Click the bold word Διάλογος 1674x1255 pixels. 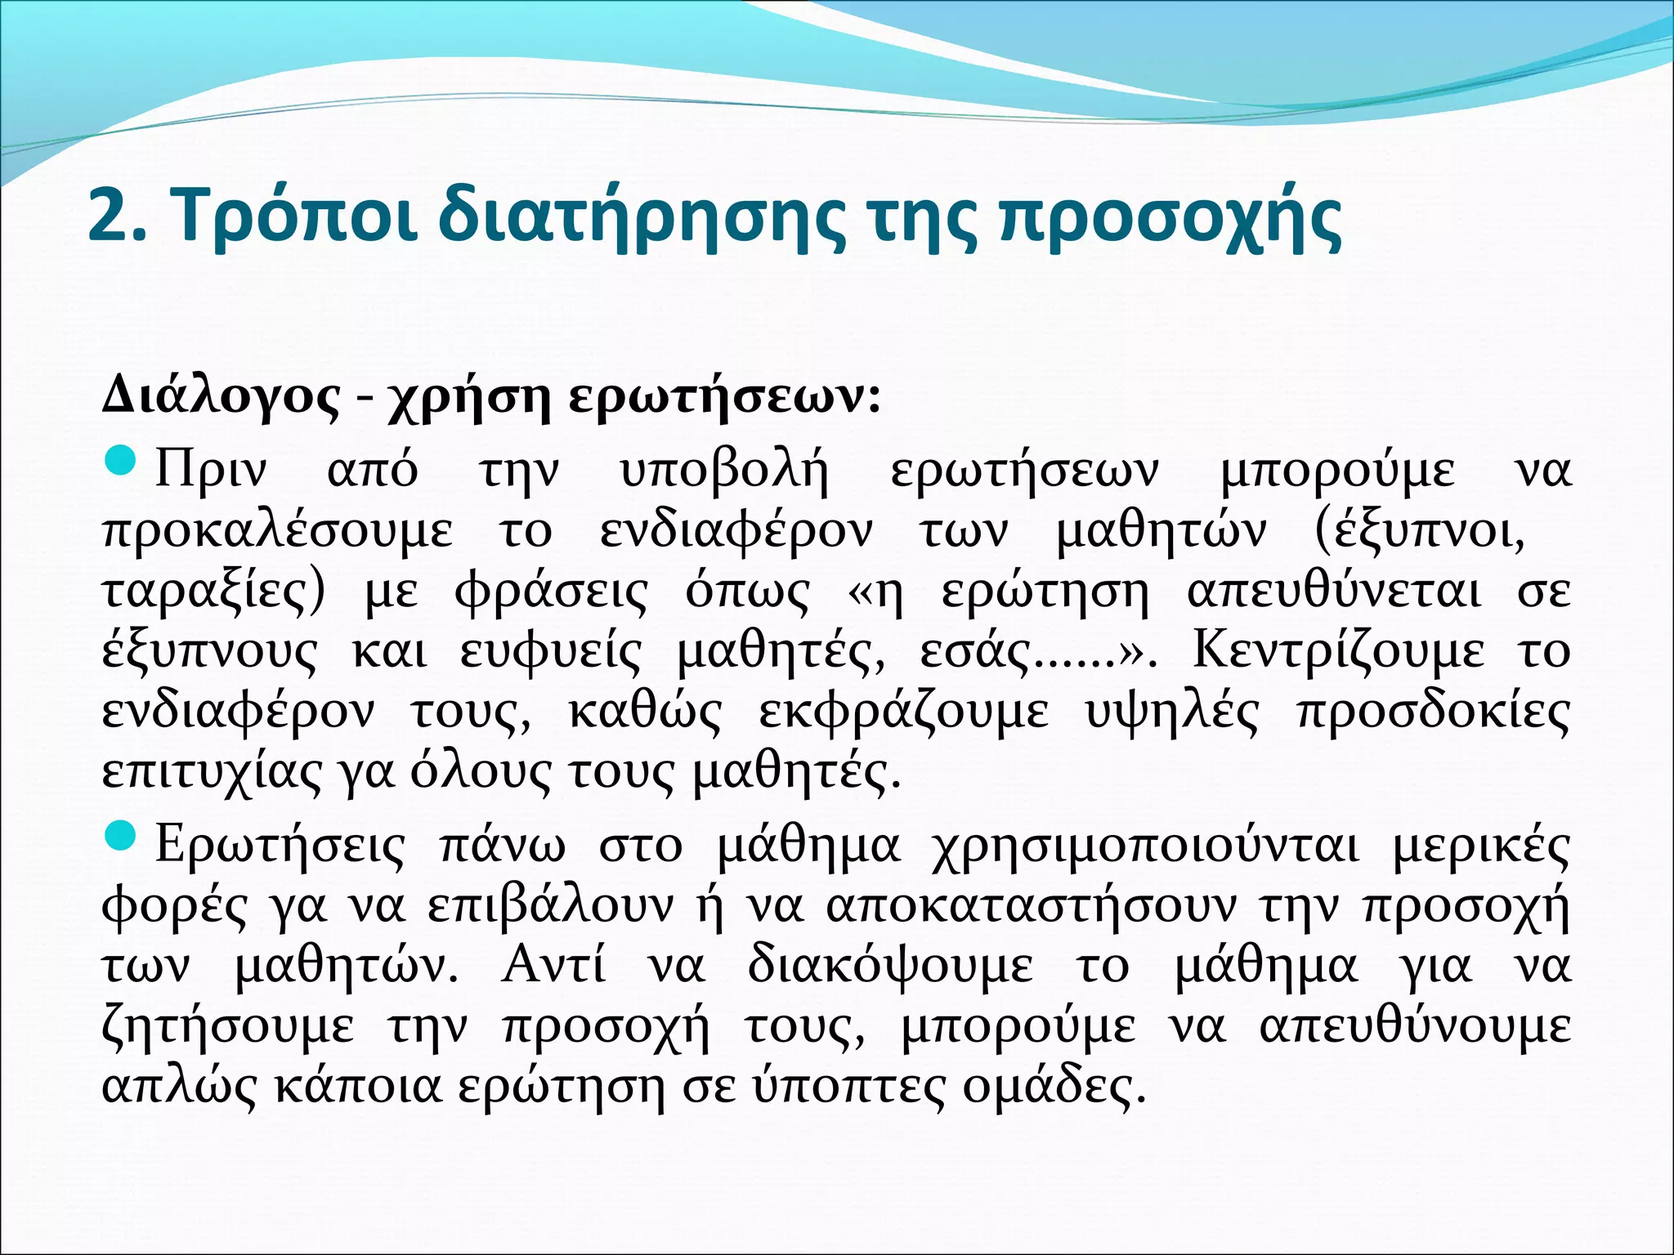(x=221, y=399)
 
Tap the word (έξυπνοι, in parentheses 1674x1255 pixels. (x=1419, y=532)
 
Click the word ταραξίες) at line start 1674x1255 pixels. (x=213, y=592)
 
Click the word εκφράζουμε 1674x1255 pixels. (x=903, y=712)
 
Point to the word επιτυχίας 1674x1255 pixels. (x=212, y=773)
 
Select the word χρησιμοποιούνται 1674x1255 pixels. (x=1145, y=846)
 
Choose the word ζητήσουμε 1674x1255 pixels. (x=228, y=1027)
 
